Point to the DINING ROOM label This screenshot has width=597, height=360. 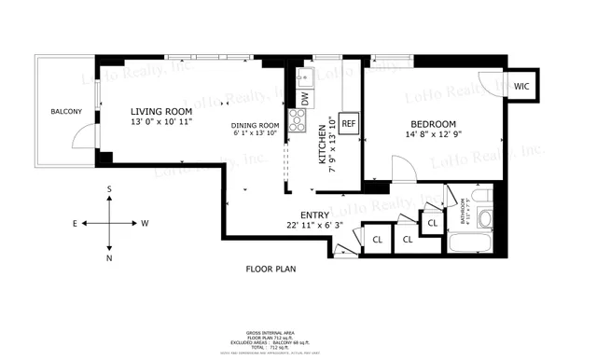256,126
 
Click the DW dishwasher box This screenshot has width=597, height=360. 304,96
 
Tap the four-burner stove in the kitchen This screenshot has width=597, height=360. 298,118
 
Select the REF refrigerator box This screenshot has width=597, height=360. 349,123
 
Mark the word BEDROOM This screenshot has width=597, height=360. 433,124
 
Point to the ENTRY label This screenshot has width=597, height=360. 314,215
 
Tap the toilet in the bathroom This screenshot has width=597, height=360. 484,219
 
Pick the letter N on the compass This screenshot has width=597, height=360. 110,257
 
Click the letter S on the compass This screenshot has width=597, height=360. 110,189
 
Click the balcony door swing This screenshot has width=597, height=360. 84,137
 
